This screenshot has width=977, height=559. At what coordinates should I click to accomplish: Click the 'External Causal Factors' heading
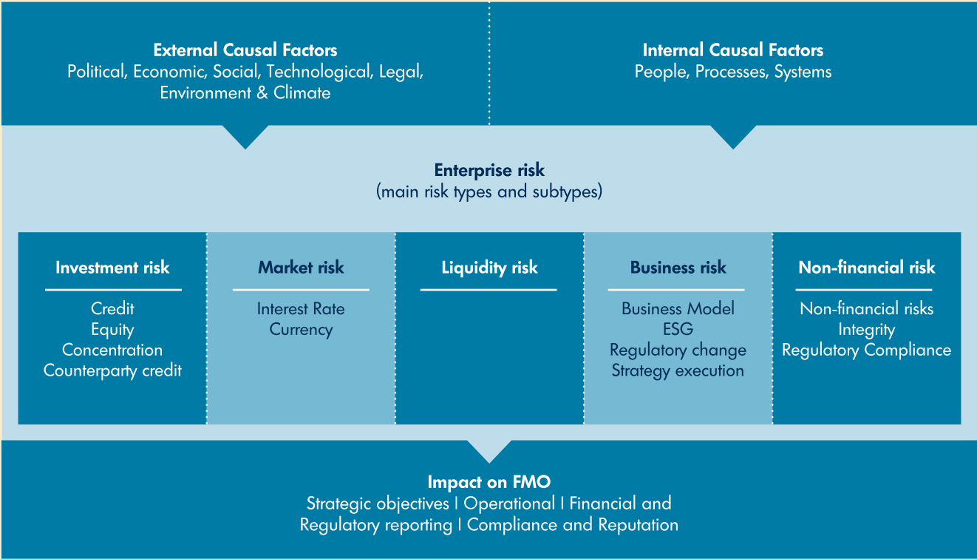click(x=245, y=50)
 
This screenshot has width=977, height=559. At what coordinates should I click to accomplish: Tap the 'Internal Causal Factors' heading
click(x=732, y=50)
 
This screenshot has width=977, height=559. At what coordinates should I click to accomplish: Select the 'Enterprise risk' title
click(x=489, y=170)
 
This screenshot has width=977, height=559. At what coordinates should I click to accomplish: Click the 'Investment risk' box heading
click(x=112, y=268)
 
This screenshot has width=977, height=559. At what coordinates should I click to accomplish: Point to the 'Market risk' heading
click(x=301, y=268)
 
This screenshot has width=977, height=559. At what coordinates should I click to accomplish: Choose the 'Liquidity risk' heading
click(x=489, y=268)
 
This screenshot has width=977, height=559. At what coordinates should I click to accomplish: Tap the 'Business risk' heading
click(x=678, y=268)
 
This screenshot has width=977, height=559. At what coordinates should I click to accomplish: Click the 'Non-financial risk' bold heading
click(x=866, y=268)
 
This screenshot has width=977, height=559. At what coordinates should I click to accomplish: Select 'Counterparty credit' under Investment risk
click(x=112, y=370)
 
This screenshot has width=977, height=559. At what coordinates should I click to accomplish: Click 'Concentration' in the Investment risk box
click(x=112, y=350)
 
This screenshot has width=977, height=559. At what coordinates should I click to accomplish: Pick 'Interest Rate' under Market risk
click(x=301, y=309)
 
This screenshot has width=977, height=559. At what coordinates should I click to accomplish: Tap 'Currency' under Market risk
click(x=301, y=330)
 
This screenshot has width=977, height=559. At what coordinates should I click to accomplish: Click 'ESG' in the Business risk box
click(x=678, y=330)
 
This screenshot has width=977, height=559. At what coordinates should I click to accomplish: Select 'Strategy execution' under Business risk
click(x=678, y=370)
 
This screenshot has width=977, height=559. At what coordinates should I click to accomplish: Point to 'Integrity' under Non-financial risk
click(x=866, y=330)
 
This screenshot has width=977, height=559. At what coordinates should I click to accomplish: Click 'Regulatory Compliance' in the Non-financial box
click(x=866, y=350)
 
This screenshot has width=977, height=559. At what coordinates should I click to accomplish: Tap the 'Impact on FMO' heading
click(x=489, y=482)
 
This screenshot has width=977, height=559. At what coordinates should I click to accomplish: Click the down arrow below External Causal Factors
click(x=245, y=136)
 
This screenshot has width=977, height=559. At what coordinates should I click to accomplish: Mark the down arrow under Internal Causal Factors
click(x=733, y=136)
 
